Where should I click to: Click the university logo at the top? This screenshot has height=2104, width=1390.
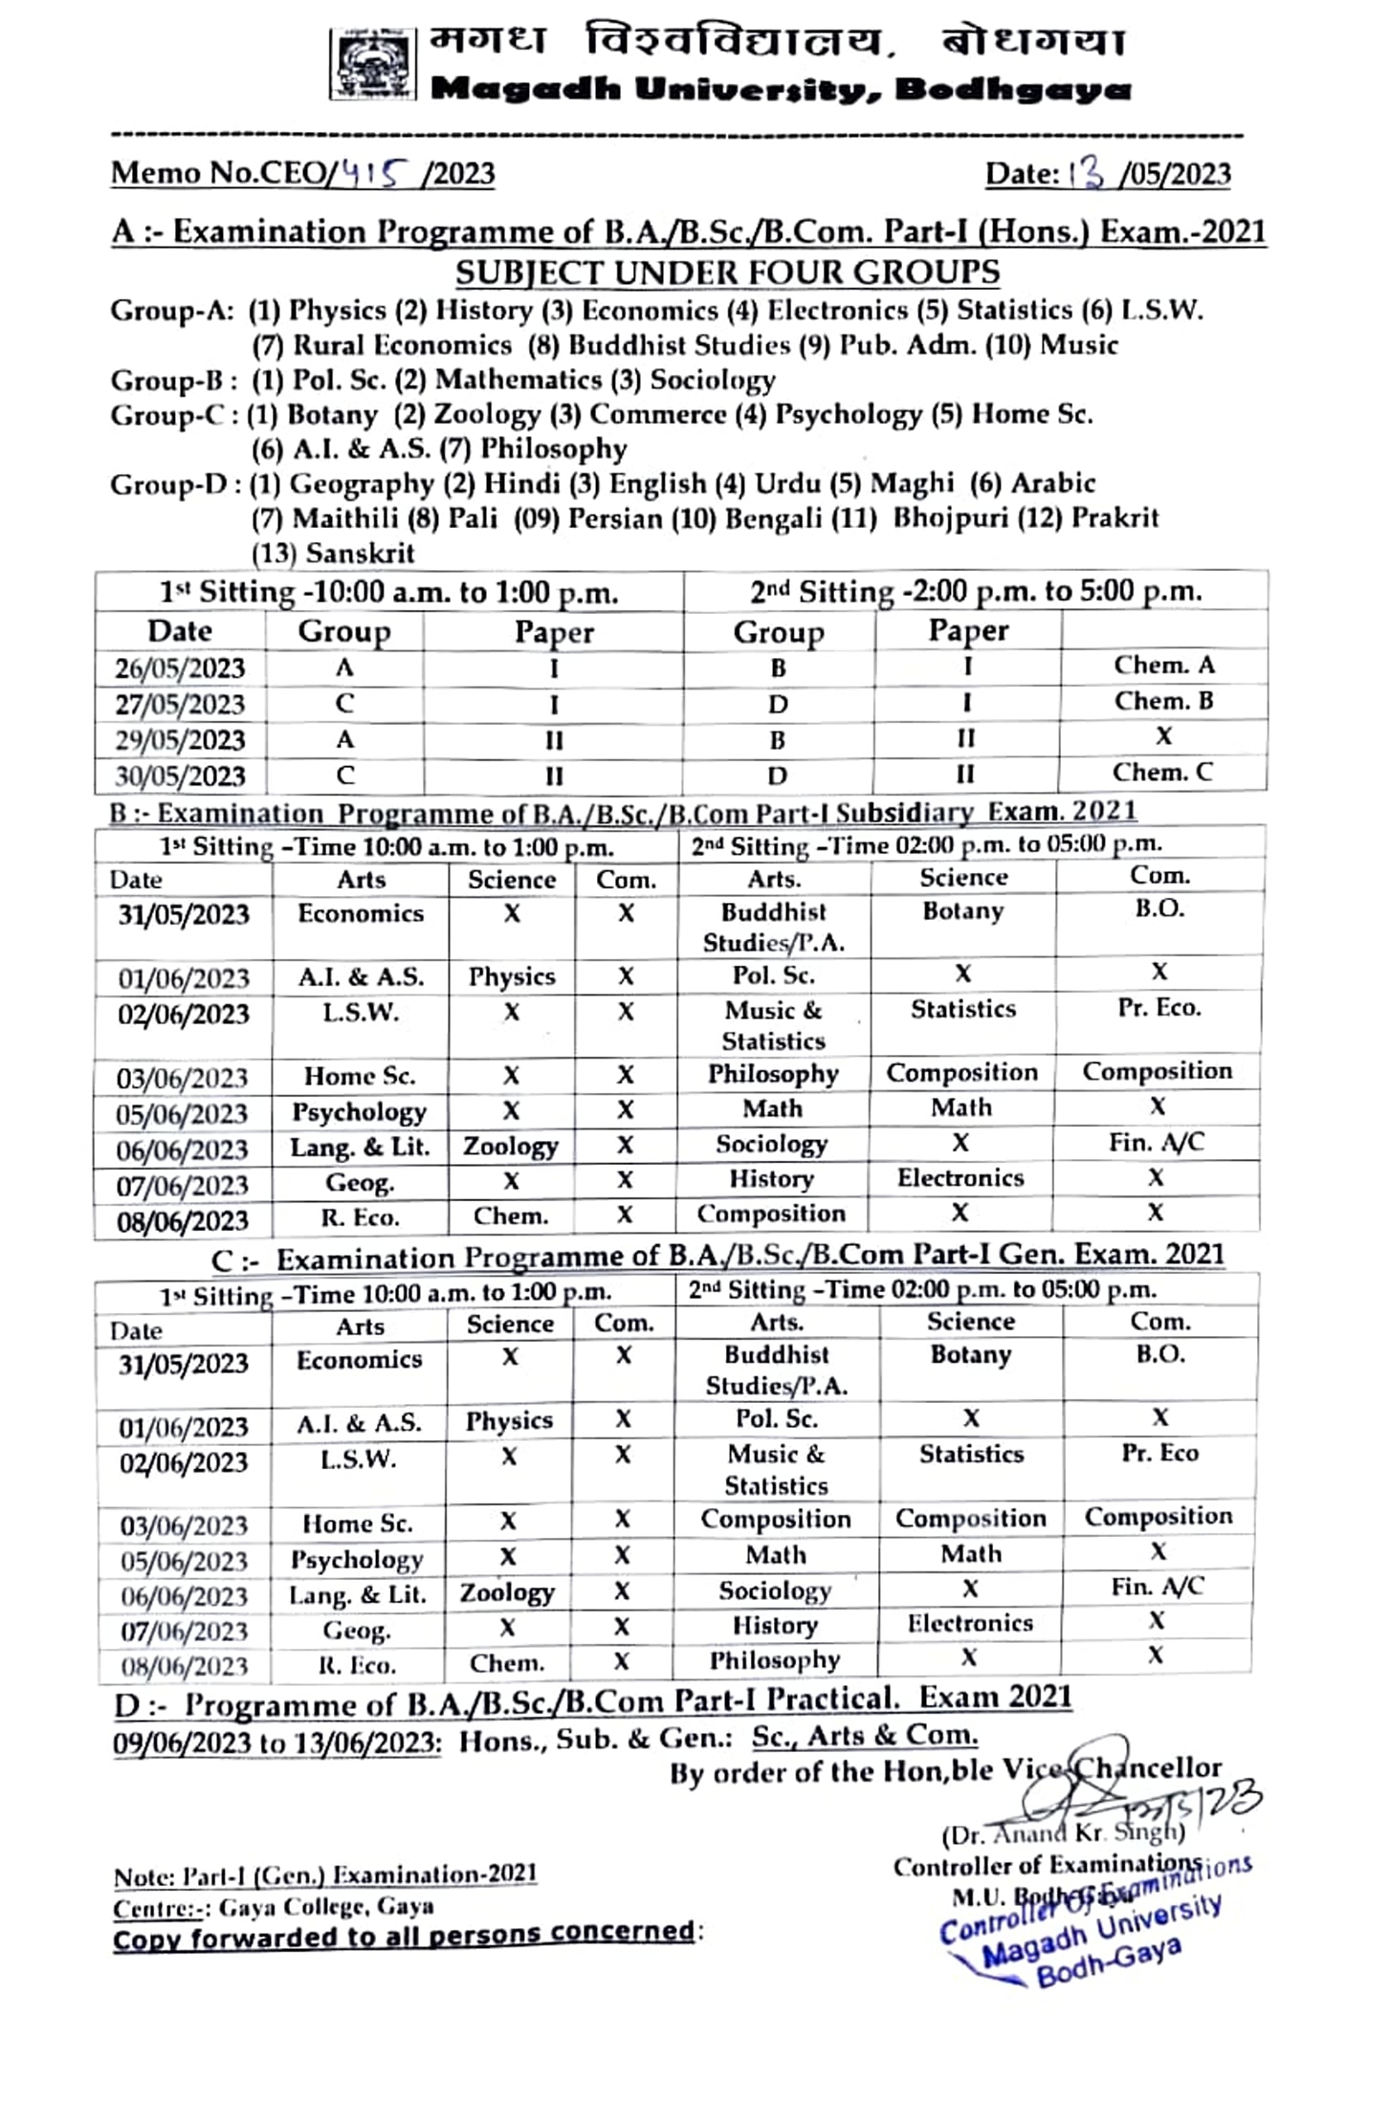pos(373,64)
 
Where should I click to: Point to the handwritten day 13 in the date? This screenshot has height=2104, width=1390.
pos(1086,173)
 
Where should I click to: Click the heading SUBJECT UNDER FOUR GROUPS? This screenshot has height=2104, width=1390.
pos(727,273)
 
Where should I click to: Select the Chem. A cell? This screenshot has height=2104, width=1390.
pos(1163,665)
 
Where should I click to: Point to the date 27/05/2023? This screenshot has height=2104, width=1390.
pos(180,704)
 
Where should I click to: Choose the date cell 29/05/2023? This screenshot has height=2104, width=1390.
pos(180,739)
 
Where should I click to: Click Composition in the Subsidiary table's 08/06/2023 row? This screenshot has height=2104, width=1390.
pos(771,1214)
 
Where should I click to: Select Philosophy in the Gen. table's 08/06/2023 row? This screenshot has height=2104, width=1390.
pos(775,1660)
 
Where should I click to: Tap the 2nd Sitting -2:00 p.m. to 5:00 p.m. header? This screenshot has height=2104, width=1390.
pos(976,591)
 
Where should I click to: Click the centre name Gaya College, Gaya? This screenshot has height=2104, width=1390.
pos(326,1906)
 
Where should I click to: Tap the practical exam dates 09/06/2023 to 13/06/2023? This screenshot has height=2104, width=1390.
pos(277,1742)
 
